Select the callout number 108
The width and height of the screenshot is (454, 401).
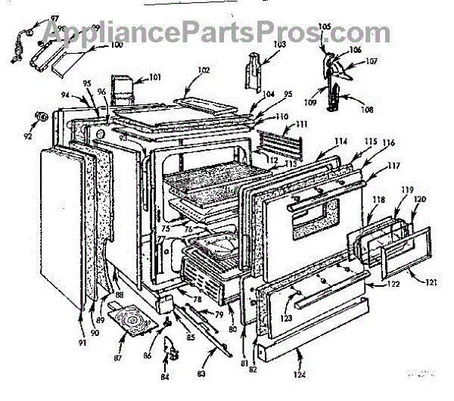point(367,110)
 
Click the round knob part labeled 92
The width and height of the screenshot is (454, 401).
point(43,117)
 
